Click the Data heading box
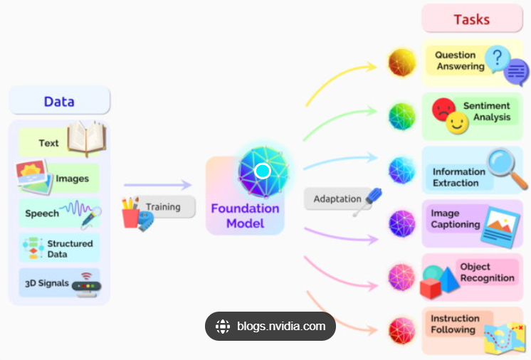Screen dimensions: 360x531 tap(59, 101)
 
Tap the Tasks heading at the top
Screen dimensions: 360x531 tap(472, 18)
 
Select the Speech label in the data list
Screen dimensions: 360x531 tap(42, 213)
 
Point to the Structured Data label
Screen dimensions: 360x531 tap(70, 248)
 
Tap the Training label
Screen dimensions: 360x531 tap(163, 207)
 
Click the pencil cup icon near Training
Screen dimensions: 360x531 tap(131, 213)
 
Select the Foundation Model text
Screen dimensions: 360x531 tap(245, 216)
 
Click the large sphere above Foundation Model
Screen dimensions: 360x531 tap(262, 171)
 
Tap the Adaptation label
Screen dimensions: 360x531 tap(337, 198)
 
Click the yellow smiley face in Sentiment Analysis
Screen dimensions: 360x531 tap(457, 125)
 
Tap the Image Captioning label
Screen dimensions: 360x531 tap(455, 219)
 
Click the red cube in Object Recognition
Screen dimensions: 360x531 tap(431, 287)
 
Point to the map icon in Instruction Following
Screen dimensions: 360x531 tap(504, 339)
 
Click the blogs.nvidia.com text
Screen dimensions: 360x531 tap(282, 327)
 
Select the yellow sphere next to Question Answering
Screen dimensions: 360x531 tap(402, 62)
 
